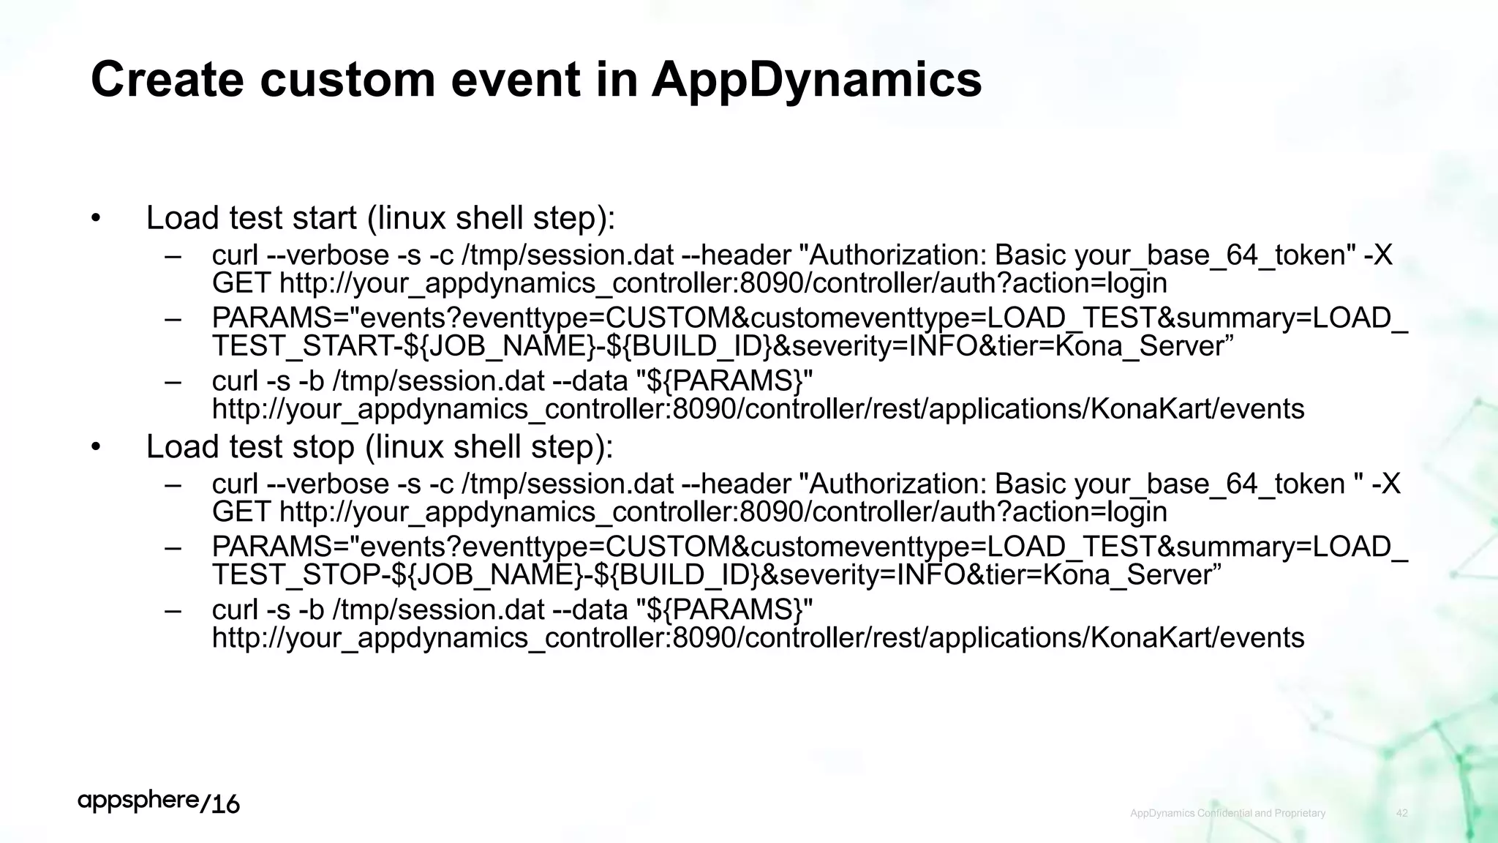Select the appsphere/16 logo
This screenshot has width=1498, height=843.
(159, 803)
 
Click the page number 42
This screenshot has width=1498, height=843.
(1401, 813)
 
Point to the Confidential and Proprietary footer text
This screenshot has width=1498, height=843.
(1227, 813)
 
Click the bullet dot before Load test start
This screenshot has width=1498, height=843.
(96, 218)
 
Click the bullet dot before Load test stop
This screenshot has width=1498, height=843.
(96, 447)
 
